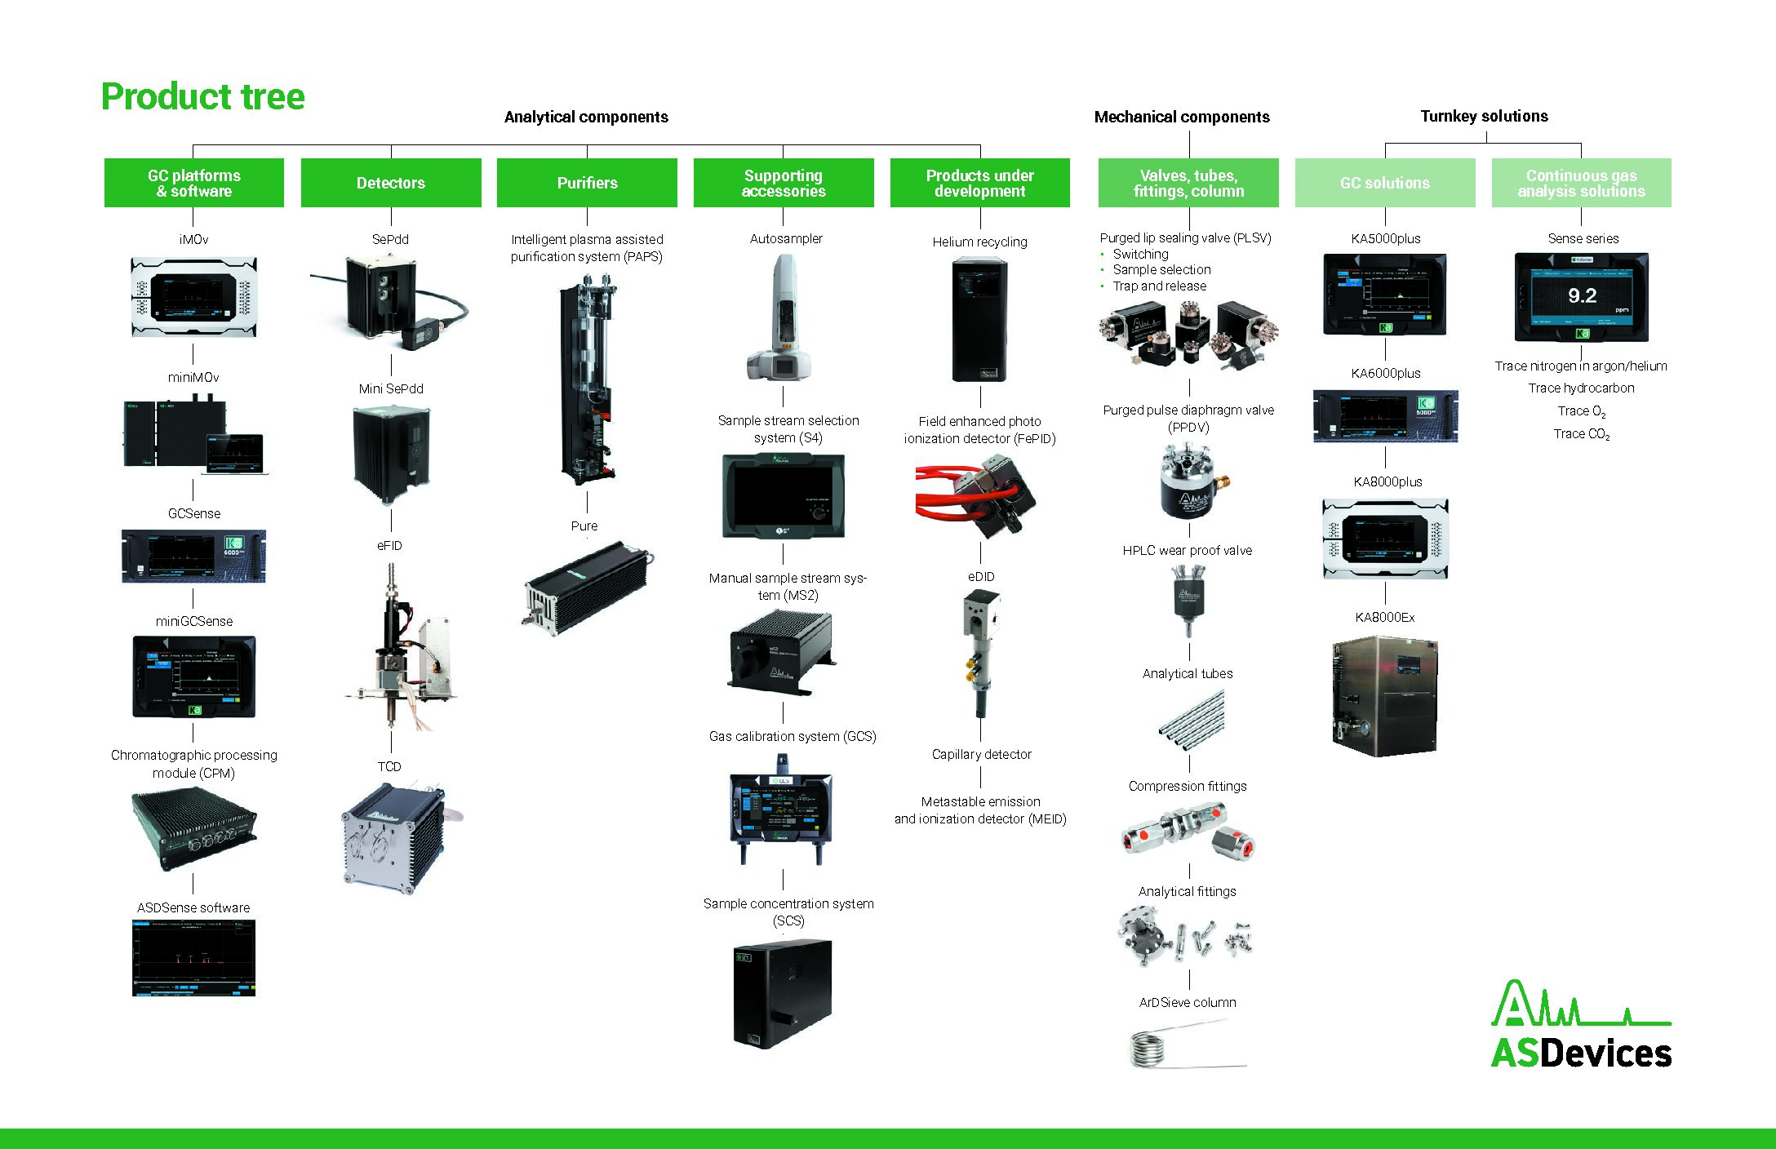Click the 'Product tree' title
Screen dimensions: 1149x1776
202,96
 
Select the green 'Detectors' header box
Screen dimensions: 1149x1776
391,183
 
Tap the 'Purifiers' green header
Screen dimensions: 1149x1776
587,183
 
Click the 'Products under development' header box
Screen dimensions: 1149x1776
979,183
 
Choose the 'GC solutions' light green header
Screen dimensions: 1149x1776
1384,183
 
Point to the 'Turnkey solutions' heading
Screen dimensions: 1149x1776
1484,116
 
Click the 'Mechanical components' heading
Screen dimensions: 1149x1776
1181,117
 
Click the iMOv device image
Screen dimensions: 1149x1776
194,297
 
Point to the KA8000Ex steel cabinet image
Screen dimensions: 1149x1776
1384,695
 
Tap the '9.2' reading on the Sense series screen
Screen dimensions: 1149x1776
1582,295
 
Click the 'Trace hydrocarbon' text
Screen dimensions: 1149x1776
1581,388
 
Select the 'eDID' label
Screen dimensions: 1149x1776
981,577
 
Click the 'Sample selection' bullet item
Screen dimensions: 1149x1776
1161,270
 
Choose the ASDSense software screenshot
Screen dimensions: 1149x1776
193,957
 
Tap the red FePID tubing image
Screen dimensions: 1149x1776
975,495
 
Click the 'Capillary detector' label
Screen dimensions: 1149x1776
981,755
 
